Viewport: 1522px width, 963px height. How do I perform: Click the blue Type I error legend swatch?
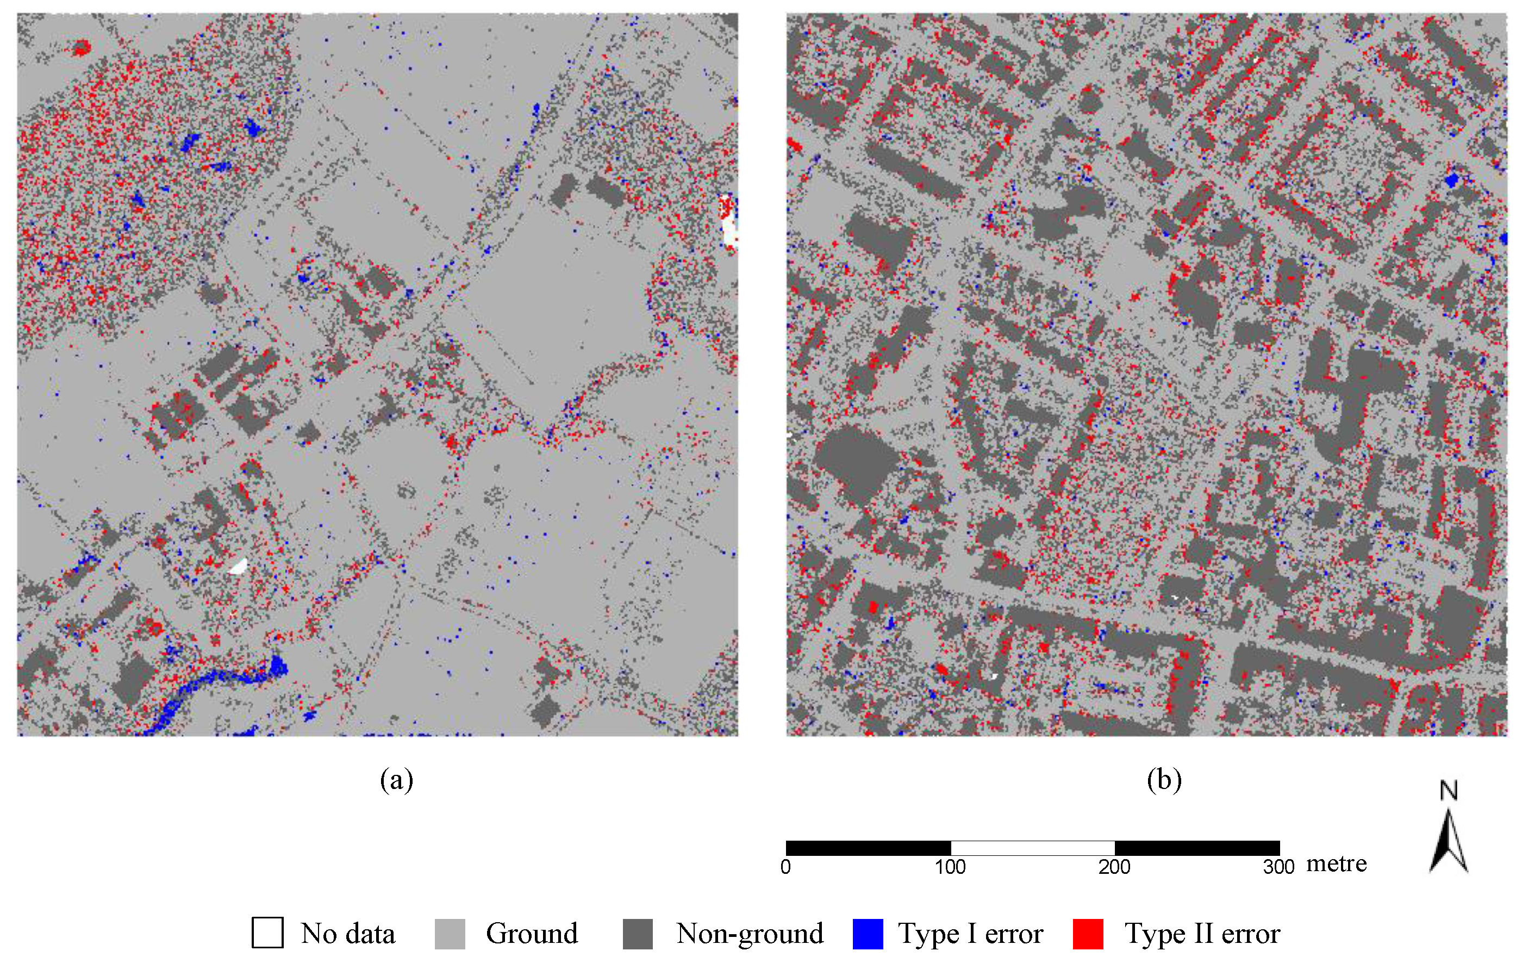coord(867,934)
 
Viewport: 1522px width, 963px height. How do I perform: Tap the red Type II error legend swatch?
coord(1088,934)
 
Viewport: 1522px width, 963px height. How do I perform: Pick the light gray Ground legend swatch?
coord(450,934)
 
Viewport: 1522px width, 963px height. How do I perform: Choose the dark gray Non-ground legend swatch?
coord(637,934)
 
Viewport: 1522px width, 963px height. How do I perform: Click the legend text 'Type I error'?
coord(970,934)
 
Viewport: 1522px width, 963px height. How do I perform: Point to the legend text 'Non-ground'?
coord(750,934)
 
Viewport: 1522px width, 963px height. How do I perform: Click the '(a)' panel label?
coord(396,780)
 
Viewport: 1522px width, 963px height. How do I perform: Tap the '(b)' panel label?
coord(1164,780)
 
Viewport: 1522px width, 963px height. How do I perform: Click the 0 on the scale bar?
coord(785,867)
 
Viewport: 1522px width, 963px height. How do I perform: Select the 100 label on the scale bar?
coord(950,867)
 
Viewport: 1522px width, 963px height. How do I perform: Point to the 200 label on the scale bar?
coord(1114,867)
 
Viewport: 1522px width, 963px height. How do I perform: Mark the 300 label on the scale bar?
coord(1278,867)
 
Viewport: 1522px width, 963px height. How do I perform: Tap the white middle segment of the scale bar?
coord(1032,848)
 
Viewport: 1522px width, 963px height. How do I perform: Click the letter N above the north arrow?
coord(1449,791)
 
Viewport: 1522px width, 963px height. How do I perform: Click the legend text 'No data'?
coord(348,934)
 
